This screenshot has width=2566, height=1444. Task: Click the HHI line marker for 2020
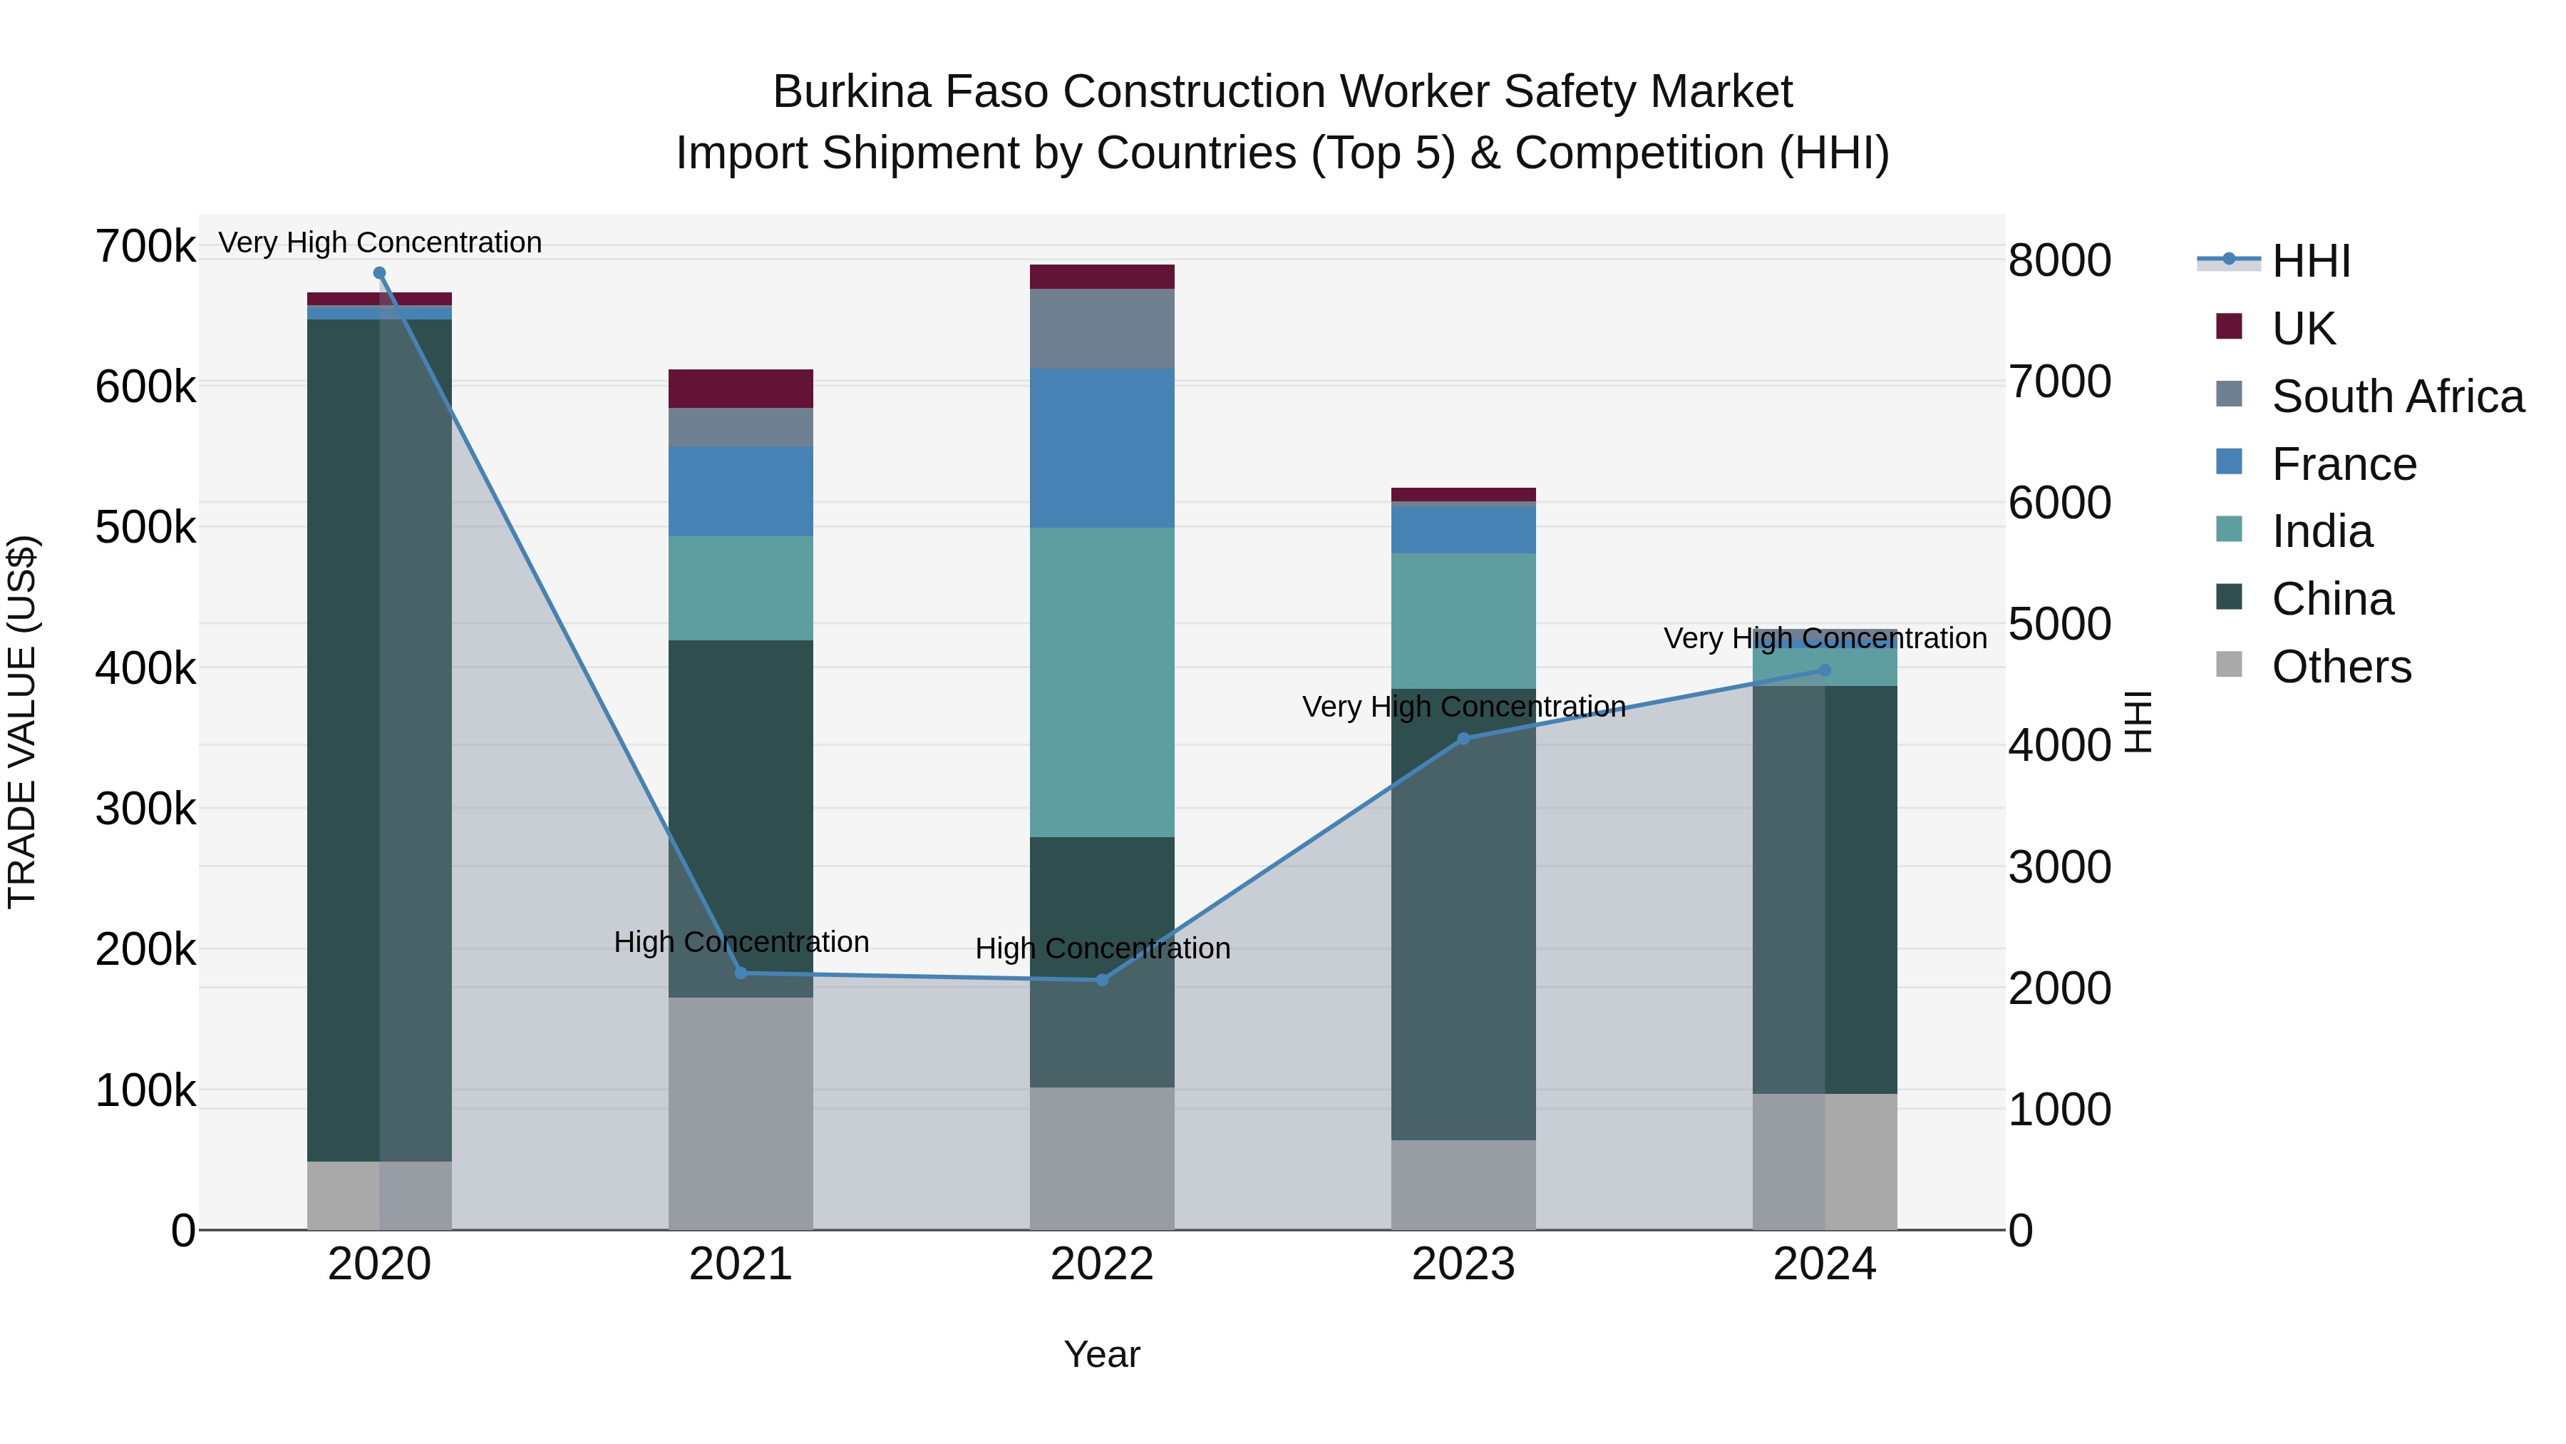(x=379, y=273)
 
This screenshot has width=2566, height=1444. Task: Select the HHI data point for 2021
(x=741, y=973)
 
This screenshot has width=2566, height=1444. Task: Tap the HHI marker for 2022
(x=1102, y=980)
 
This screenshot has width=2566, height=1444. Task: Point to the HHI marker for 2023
(x=1463, y=739)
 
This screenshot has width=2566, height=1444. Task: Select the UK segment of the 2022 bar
(x=1102, y=276)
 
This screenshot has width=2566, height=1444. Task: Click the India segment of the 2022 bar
(x=1102, y=682)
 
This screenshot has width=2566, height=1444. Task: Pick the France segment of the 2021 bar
(x=741, y=491)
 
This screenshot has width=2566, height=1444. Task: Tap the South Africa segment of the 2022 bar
(x=1102, y=329)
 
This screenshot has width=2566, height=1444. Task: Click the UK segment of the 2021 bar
(x=741, y=389)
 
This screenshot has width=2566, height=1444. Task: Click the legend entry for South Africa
(x=2398, y=396)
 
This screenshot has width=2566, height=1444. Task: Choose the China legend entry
(x=2332, y=599)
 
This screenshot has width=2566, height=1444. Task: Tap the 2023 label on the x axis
(x=1463, y=1264)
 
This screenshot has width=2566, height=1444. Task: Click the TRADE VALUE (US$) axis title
(x=22, y=722)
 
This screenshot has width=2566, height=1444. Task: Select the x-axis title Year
(x=1102, y=1354)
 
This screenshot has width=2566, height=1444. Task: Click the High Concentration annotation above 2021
(x=741, y=942)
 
